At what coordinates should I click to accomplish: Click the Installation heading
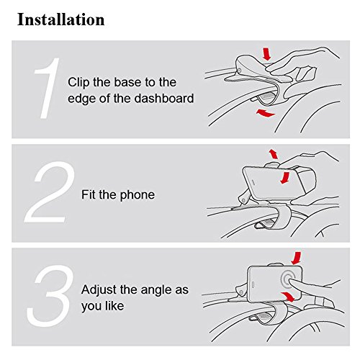pyautogui.click(x=61, y=19)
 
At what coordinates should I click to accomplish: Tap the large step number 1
pyautogui.click(x=47, y=88)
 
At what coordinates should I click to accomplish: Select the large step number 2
pyautogui.click(x=50, y=192)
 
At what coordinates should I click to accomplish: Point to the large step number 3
pyautogui.click(x=50, y=296)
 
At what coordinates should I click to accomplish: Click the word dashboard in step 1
pyautogui.click(x=164, y=99)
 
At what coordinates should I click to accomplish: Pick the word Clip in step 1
pyautogui.click(x=78, y=83)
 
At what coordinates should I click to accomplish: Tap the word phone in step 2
pyautogui.click(x=138, y=195)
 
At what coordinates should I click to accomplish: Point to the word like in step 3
pyautogui.click(x=114, y=306)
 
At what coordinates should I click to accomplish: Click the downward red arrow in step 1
pyautogui.click(x=266, y=54)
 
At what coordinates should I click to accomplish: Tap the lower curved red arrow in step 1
pyautogui.click(x=265, y=113)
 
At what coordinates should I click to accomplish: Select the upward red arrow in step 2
pyautogui.click(x=273, y=154)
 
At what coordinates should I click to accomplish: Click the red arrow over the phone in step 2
pyautogui.click(x=285, y=178)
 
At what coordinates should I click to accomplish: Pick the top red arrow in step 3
pyautogui.click(x=296, y=258)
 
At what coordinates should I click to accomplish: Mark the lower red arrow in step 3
pyautogui.click(x=288, y=297)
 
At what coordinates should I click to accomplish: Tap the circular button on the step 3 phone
pyautogui.click(x=289, y=279)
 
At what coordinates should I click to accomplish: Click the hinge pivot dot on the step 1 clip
pyautogui.click(x=239, y=71)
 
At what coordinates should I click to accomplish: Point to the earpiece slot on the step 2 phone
pyautogui.click(x=253, y=183)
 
